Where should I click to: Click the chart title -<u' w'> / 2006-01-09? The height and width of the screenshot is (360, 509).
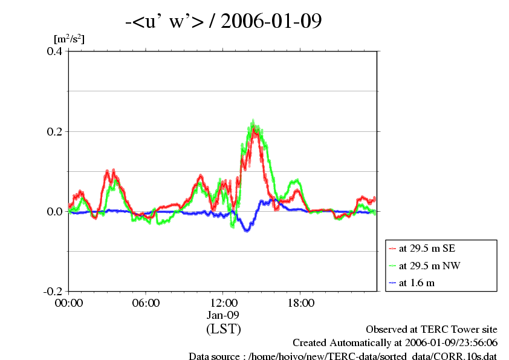click(x=223, y=22)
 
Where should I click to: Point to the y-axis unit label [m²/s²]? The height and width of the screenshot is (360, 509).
click(x=69, y=39)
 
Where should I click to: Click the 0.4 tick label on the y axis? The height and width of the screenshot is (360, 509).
click(x=55, y=51)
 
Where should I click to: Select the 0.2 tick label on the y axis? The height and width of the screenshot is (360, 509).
click(x=55, y=131)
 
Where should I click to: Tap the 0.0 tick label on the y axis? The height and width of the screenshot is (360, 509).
click(x=55, y=211)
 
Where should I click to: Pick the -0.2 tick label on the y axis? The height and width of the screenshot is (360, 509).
click(x=53, y=291)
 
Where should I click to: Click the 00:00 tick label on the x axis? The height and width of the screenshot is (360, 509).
click(x=69, y=303)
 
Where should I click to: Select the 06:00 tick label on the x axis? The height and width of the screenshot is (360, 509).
click(x=146, y=303)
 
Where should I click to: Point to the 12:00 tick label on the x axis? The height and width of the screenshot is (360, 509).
click(x=224, y=303)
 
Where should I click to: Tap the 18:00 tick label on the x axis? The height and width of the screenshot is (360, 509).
click(x=301, y=303)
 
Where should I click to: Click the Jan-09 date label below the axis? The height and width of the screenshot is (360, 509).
click(x=224, y=315)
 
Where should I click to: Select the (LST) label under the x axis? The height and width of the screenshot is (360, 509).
click(x=224, y=329)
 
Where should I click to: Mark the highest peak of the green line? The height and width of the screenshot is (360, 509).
click(x=253, y=121)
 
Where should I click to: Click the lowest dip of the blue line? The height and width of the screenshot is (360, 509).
click(x=247, y=231)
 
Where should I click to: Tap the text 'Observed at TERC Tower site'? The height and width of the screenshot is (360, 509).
click(x=432, y=330)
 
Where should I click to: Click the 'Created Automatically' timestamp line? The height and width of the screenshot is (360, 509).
click(x=395, y=342)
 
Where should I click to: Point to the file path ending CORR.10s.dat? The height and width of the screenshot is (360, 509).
click(x=343, y=356)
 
